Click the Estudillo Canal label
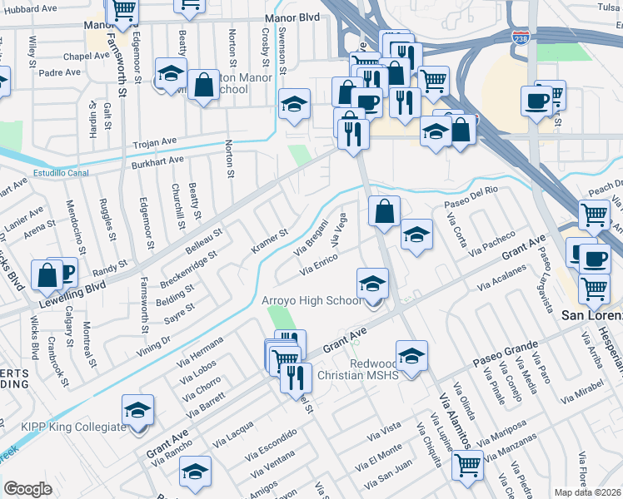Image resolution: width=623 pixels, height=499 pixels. pyautogui.click(x=61, y=174)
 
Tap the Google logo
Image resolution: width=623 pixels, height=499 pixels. pyautogui.click(x=27, y=489)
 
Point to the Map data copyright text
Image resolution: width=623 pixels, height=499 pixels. pyautogui.click(x=588, y=492)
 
